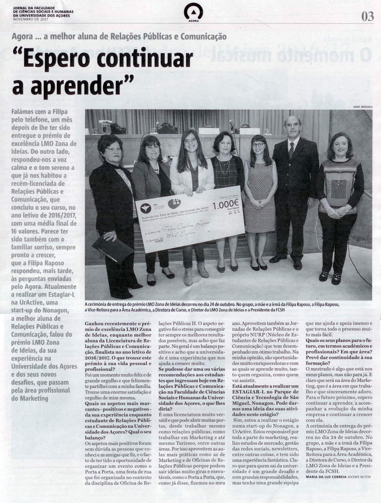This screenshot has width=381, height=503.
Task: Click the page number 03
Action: coord(367,17)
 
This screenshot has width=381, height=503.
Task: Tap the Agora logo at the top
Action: coord(193,13)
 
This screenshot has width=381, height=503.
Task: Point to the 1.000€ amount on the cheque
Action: coord(226,205)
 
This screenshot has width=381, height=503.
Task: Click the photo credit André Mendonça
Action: coord(362,107)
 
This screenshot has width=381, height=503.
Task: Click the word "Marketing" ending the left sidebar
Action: coord(30,398)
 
